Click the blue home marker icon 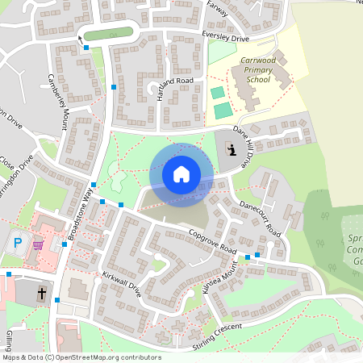coord(181,174)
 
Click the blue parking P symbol coord(19,243)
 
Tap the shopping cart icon coord(39,244)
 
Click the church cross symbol coord(41,295)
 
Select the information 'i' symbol coord(232,149)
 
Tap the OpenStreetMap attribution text coord(81,357)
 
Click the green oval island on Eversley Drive coord(107,34)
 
